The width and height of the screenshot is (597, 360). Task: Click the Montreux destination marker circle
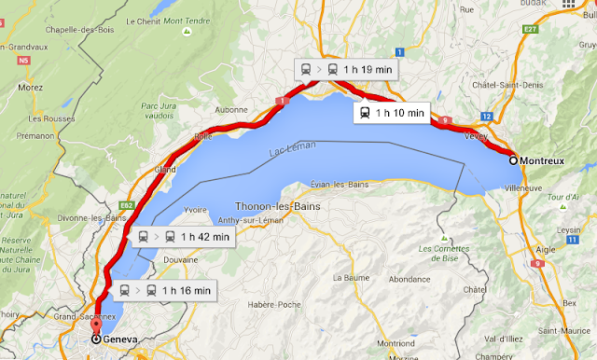(513, 160)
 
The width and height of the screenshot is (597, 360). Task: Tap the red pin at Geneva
(96, 328)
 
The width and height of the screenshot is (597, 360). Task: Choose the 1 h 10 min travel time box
(389, 113)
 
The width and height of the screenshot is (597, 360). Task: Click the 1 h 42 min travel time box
(183, 237)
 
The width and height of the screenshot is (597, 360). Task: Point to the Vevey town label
(476, 135)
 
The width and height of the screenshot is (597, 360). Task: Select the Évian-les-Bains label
(340, 185)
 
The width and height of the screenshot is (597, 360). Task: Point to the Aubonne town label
(231, 109)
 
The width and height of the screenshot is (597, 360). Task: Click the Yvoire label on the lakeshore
(196, 210)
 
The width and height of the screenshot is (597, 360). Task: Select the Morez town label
(30, 88)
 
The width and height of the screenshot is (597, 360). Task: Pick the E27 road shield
(532, 29)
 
